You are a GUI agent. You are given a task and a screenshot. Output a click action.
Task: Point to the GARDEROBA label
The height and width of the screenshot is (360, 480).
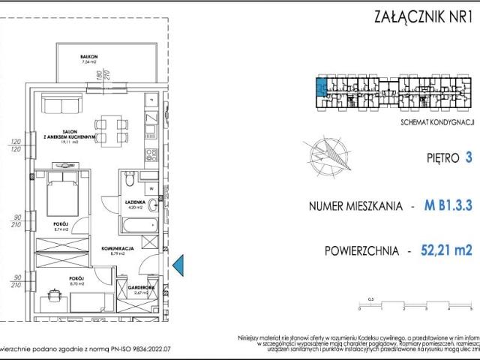[141, 287]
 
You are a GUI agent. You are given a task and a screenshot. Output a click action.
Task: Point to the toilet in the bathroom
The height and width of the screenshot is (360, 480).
[130, 180]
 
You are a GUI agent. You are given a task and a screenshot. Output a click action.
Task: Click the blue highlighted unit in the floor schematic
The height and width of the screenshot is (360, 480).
[320, 89]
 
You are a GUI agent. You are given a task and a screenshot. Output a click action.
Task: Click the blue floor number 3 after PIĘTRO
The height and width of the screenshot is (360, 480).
[468, 158]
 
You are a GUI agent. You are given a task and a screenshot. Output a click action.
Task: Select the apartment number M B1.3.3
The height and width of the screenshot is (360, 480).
[448, 205]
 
